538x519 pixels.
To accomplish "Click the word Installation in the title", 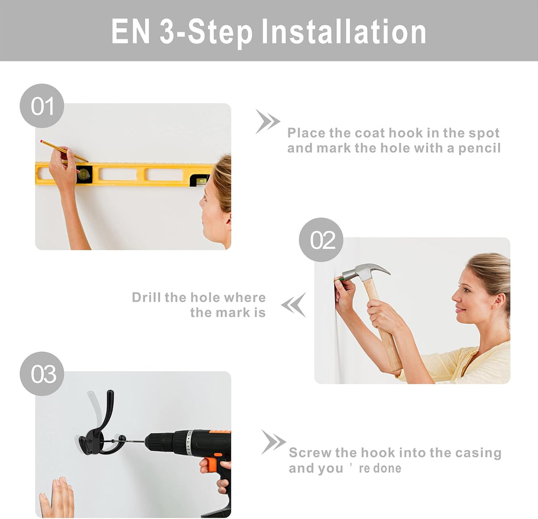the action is (x=344, y=31).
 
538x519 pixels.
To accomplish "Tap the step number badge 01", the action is (x=42, y=106).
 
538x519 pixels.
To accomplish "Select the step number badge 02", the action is (x=321, y=240).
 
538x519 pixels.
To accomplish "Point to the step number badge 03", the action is (x=42, y=374).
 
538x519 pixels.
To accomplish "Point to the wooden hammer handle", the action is (x=384, y=329).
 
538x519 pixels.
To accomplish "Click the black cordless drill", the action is (x=192, y=456).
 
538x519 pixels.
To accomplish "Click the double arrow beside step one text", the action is (x=267, y=121).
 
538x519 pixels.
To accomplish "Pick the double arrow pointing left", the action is (x=293, y=305).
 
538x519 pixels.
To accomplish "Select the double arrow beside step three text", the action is (x=273, y=442).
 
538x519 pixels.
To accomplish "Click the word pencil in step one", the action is (x=480, y=149).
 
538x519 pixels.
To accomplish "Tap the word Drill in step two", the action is (x=147, y=297).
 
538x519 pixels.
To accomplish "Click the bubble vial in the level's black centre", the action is (x=84, y=174).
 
